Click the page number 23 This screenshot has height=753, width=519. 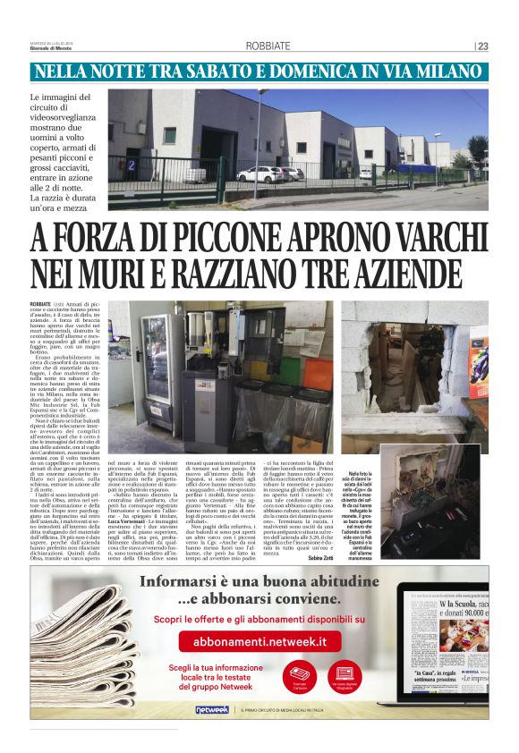(483, 47)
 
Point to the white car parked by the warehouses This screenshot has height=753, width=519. (259, 173)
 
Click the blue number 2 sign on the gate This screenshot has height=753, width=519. (132, 165)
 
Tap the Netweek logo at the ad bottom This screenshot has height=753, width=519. (212, 709)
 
